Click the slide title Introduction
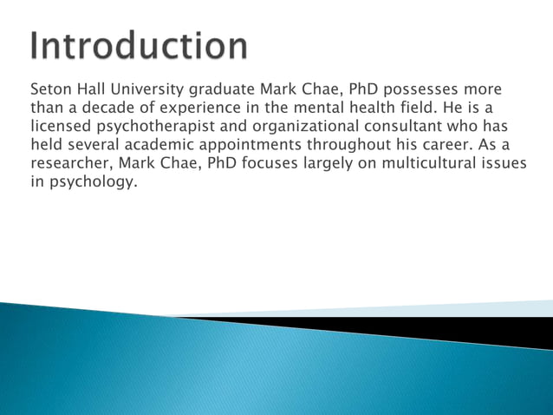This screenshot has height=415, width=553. coord(139,45)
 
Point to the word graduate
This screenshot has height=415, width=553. coord(222,90)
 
